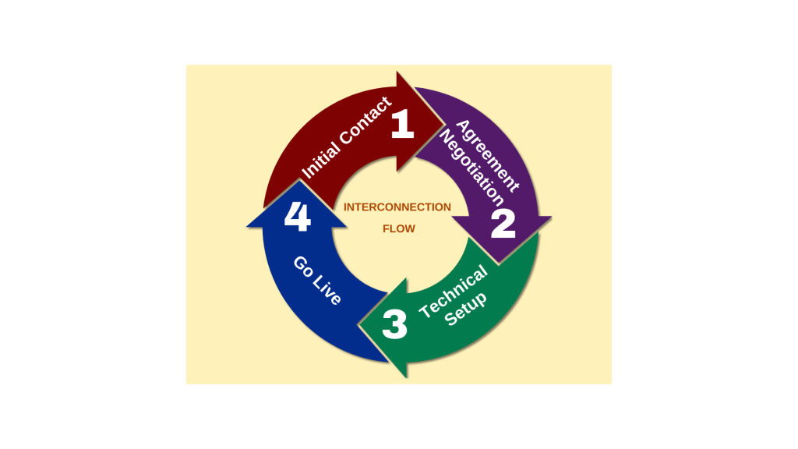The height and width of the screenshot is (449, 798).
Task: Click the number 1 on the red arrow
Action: pos(403,124)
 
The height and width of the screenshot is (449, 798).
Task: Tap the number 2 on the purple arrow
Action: pos(503,224)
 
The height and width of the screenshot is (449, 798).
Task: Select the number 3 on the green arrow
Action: pos(395,324)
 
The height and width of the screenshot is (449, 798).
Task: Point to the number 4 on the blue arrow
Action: pos(297,217)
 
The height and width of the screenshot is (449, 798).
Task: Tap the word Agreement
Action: pos(488,156)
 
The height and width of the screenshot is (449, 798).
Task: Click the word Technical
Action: pos(453,292)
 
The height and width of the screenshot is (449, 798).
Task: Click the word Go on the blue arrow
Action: pos(303,267)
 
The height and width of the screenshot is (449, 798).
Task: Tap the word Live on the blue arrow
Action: pos(327,292)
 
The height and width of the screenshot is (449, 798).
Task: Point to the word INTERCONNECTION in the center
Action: pos(397,207)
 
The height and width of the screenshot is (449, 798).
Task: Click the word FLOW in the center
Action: pos(399,229)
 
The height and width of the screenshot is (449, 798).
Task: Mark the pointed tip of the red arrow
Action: pos(443,122)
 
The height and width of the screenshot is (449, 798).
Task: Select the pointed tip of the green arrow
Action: pos(358,325)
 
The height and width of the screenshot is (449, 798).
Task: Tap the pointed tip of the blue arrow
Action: pos(298,180)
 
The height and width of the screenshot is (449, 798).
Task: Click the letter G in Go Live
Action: pos(300,263)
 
